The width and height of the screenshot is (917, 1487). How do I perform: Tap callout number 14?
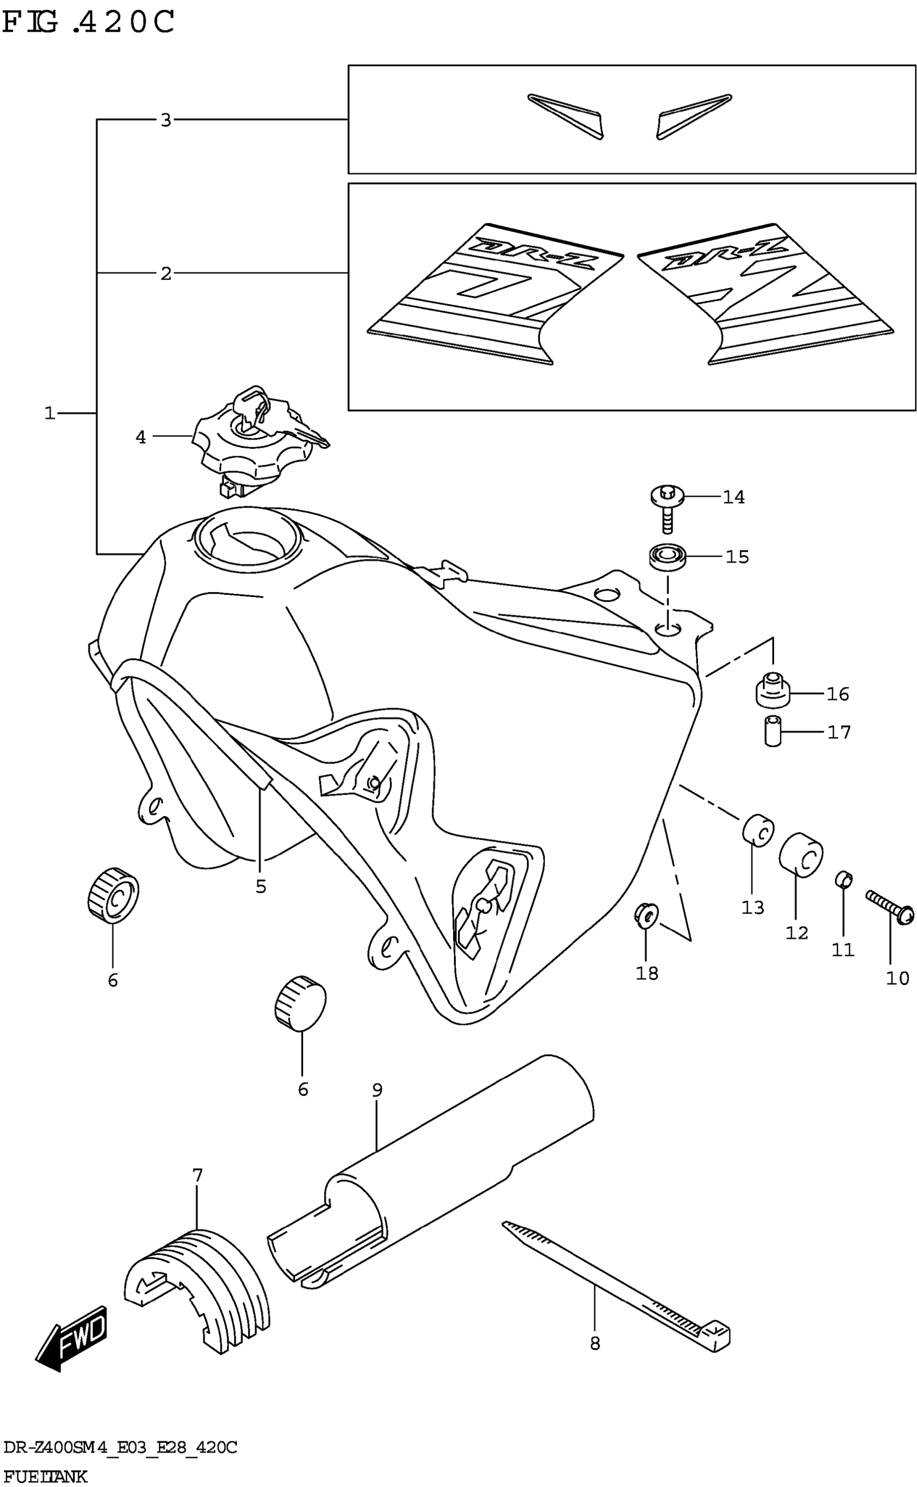click(733, 497)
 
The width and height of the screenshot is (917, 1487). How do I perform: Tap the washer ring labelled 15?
click(667, 556)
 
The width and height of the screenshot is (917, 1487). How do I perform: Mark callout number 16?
click(838, 694)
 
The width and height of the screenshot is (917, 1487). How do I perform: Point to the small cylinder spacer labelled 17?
click(772, 731)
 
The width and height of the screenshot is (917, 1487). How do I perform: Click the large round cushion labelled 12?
click(800, 854)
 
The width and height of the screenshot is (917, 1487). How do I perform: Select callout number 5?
click(261, 887)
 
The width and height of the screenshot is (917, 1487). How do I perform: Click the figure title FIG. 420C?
click(88, 23)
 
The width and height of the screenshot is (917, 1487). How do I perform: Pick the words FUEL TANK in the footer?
click(45, 1476)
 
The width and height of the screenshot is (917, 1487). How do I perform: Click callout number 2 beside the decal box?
click(166, 274)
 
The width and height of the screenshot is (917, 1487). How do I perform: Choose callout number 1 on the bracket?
click(50, 414)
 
